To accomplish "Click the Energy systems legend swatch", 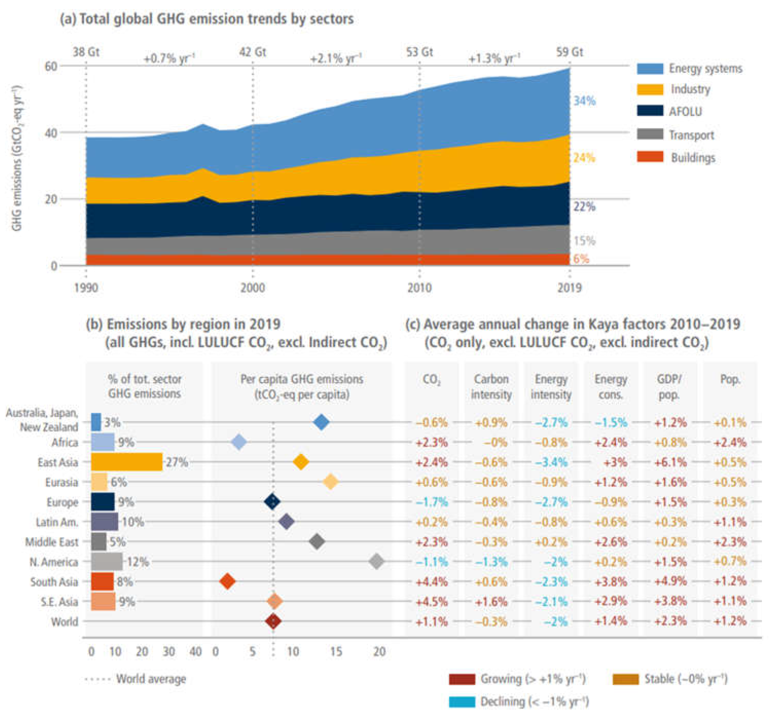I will click(x=650, y=69).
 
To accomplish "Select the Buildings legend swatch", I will click(x=650, y=157).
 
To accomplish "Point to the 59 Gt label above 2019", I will click(x=569, y=52).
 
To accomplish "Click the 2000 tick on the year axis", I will click(x=252, y=288).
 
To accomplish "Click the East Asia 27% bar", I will click(x=126, y=462).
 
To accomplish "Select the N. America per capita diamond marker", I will click(x=376, y=561).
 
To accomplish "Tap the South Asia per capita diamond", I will click(x=227, y=581).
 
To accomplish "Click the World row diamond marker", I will click(x=273, y=621).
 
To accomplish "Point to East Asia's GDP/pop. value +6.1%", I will click(x=670, y=462).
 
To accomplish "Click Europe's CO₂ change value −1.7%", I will click(x=431, y=502).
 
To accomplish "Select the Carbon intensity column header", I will click(x=491, y=386).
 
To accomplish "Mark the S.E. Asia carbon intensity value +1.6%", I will click(x=491, y=601).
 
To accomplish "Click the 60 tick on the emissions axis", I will click(x=51, y=66).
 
